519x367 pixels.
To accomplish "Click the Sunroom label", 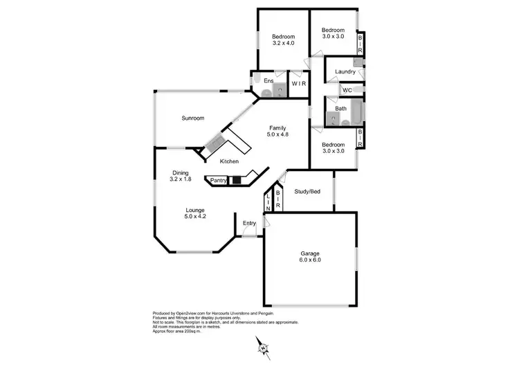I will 193,118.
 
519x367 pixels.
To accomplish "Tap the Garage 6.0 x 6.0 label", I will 309,258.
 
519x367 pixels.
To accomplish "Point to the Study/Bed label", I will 306,192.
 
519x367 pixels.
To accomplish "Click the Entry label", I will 249,223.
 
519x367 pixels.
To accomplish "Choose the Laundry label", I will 345,72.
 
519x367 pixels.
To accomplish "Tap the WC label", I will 347,90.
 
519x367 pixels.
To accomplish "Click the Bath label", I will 341,108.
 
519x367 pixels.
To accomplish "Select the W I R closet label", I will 298,84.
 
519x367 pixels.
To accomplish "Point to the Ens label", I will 268,80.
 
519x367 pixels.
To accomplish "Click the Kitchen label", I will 229,161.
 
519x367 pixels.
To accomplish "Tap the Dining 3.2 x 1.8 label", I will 180,176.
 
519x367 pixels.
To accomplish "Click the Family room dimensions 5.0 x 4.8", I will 277,134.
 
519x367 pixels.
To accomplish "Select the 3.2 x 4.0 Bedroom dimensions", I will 283,44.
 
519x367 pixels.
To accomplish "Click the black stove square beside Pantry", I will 237,181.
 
